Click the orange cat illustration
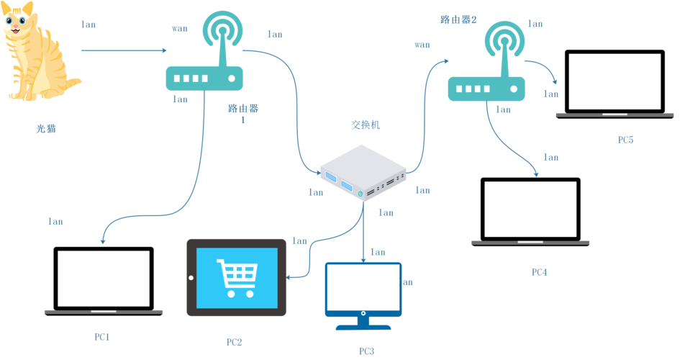click(x=32, y=50)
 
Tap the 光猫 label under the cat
click(x=46, y=130)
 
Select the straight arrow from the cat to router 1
click(x=122, y=51)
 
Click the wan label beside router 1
click(x=179, y=29)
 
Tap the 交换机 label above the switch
click(x=366, y=125)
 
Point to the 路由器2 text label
click(x=458, y=20)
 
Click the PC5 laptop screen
click(x=614, y=81)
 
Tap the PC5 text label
click(x=625, y=140)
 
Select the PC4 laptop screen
click(x=530, y=209)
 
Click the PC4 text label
click(x=540, y=272)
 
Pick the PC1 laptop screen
click(x=104, y=278)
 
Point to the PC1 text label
click(x=102, y=336)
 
